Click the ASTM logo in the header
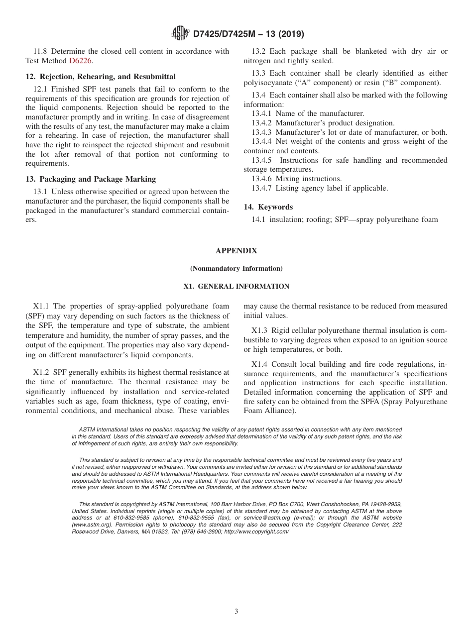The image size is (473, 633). [x=180, y=33]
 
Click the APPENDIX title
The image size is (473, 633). [x=236, y=251]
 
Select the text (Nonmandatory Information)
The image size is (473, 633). [x=236, y=269]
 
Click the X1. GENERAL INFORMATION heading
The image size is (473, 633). [x=236, y=287]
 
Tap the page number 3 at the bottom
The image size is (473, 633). [x=236, y=612]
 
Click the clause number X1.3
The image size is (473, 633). [x=259, y=330]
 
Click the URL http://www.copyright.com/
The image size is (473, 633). [x=256, y=531]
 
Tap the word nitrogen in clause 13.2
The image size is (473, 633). [x=257, y=61]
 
